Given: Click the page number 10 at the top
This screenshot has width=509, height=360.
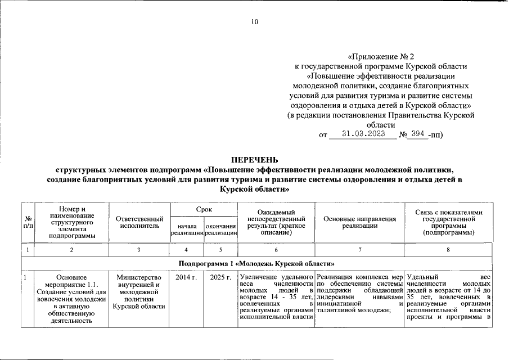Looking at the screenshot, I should (254, 22).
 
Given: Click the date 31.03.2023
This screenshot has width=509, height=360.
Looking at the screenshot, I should (363, 134).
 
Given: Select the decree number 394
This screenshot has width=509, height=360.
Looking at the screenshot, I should (418, 134).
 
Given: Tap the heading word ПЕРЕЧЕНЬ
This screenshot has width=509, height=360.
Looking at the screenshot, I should (254, 159).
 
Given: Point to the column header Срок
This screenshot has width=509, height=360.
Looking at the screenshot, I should (204, 209).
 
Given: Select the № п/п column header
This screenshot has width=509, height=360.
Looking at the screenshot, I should (28, 222).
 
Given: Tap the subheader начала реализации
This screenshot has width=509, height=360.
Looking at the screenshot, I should (187, 229).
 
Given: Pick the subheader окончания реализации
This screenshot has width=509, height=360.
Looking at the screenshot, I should (220, 229).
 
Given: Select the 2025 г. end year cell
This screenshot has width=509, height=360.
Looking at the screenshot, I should (220, 277).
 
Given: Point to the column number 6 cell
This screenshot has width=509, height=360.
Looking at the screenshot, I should (276, 250).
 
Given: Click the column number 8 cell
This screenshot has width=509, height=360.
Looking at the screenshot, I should (448, 250).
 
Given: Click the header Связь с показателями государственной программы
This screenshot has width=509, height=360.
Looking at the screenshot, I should (448, 222).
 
